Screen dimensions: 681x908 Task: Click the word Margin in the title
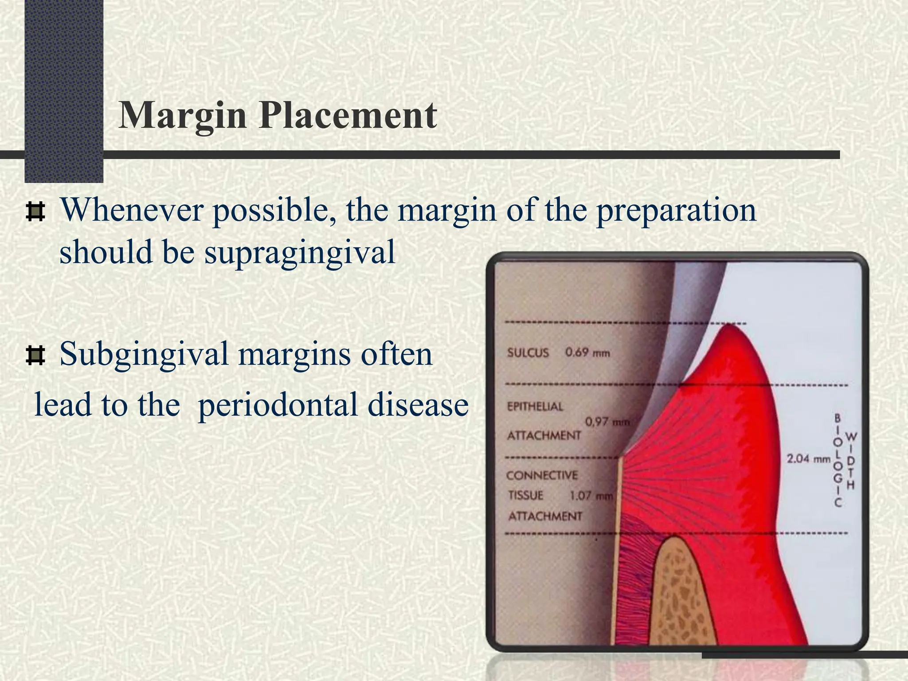(x=182, y=116)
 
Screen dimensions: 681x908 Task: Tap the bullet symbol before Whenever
(x=35, y=212)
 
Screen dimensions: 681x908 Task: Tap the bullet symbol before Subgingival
(x=35, y=356)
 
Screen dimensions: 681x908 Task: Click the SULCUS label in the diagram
(x=528, y=353)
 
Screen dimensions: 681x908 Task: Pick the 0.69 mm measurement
(x=587, y=353)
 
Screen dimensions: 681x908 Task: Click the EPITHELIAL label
(x=535, y=407)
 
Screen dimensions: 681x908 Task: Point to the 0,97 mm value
(x=607, y=422)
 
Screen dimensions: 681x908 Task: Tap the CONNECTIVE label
(x=542, y=476)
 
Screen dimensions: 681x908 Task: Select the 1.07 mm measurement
(x=591, y=496)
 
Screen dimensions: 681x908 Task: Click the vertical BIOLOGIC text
(x=838, y=460)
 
